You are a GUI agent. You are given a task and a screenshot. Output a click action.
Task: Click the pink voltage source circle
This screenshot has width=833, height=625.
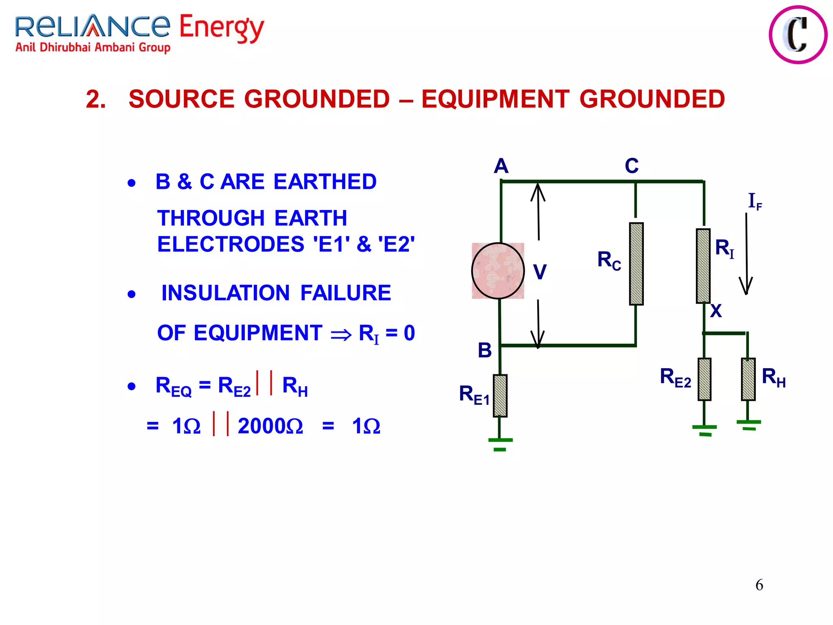498,271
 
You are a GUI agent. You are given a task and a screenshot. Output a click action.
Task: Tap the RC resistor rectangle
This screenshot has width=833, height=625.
636,264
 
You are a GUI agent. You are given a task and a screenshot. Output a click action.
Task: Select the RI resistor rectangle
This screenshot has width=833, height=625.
703,266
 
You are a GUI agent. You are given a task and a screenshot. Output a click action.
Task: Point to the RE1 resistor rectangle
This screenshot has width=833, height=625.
500,396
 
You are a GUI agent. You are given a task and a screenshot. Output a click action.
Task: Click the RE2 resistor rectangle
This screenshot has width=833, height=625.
704,379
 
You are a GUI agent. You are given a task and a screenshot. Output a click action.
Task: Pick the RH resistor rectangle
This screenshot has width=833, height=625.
748,379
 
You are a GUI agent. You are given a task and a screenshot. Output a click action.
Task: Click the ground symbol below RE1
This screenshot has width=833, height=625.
500,444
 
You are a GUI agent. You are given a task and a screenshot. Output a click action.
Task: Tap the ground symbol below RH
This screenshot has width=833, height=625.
748,425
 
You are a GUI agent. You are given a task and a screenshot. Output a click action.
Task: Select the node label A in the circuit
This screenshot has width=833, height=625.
501,166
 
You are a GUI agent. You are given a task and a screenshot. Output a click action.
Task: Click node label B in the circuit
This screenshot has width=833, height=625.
485,350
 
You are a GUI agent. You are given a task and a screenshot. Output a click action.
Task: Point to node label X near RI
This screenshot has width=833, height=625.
716,311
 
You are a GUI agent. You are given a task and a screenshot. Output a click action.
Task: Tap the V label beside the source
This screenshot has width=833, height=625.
540,272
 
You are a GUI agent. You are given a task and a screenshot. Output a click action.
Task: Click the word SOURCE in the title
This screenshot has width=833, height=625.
182,99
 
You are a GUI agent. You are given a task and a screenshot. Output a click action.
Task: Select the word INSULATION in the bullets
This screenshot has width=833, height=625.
225,293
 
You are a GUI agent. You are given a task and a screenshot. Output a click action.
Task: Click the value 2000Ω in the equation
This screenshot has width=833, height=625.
270,426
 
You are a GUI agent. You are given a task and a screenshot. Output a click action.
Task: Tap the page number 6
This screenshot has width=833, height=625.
759,585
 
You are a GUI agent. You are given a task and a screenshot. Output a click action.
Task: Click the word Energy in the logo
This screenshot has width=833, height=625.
222,28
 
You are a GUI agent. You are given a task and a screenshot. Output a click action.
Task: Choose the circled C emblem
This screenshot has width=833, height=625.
798,35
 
